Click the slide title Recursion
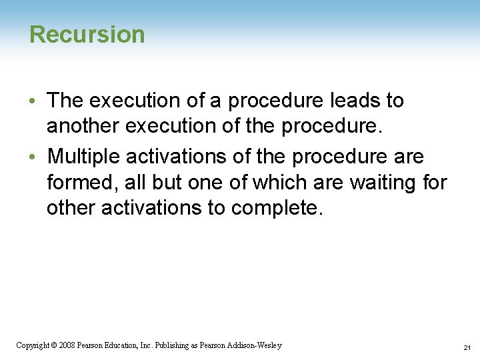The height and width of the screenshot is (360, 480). [87, 34]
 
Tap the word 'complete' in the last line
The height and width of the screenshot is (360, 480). [275, 208]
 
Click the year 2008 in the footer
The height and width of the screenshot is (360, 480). [66, 345]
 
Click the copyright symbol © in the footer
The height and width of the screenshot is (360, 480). [53, 345]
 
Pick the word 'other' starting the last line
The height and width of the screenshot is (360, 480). [71, 208]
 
